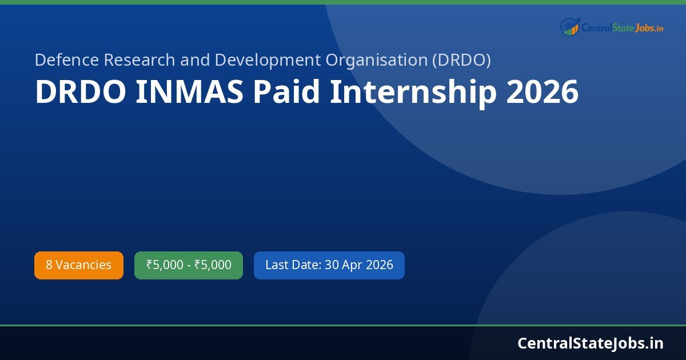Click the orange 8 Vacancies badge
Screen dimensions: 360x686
click(x=79, y=265)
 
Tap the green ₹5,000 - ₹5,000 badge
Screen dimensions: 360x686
click(x=189, y=265)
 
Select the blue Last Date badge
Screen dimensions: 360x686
click(x=329, y=265)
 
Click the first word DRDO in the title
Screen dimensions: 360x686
click(x=81, y=92)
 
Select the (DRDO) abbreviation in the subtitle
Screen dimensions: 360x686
click(x=461, y=59)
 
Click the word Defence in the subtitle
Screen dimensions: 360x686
click(x=67, y=59)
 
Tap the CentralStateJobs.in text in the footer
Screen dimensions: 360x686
click(x=591, y=343)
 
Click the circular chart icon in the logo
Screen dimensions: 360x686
click(x=570, y=26)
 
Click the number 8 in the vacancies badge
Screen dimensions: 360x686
click(x=49, y=265)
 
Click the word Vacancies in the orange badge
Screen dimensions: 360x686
click(x=83, y=265)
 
